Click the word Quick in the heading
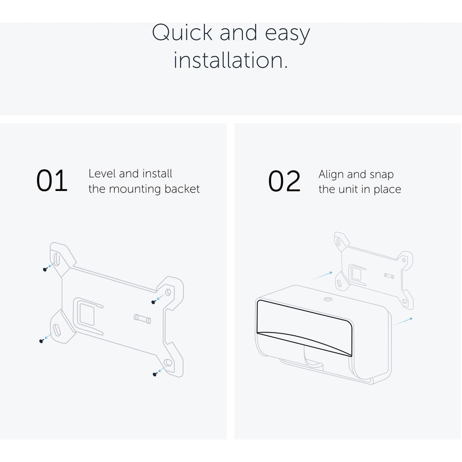click(x=182, y=32)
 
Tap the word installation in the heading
click(x=230, y=60)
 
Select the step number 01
click(x=52, y=181)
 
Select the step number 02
click(x=284, y=181)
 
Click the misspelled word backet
click(x=182, y=189)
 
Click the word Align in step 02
click(x=331, y=175)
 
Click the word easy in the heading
click(x=287, y=34)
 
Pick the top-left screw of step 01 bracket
click(x=45, y=269)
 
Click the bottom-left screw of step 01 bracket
click(x=42, y=341)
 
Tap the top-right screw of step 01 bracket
click(x=153, y=302)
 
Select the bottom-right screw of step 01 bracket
click(x=155, y=374)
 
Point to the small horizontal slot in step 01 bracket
click(x=142, y=318)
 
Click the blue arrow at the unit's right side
click(x=402, y=321)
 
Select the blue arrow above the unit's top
click(x=322, y=276)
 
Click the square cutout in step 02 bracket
click(x=356, y=274)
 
